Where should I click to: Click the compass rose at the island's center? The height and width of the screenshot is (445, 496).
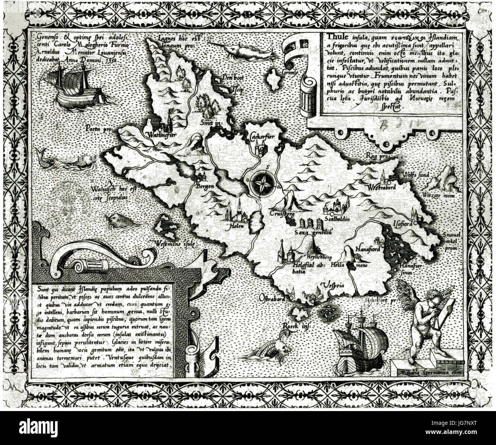pyautogui.click(x=262, y=183)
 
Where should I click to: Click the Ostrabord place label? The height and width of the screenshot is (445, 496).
pyautogui.click(x=272, y=299)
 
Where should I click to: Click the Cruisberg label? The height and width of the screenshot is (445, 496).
pyautogui.click(x=282, y=214)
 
